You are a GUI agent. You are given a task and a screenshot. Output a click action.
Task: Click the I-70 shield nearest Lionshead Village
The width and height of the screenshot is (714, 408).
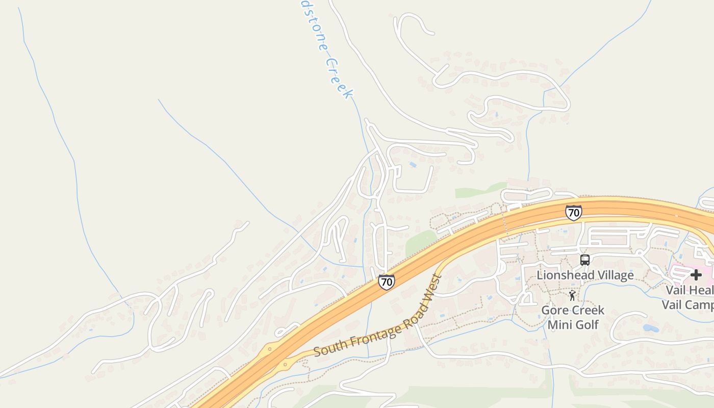pos(573,213)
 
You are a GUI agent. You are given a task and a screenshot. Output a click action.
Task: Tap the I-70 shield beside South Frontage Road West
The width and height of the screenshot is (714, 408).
pos(386,282)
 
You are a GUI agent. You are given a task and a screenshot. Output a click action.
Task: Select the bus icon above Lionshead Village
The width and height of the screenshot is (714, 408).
pos(585,260)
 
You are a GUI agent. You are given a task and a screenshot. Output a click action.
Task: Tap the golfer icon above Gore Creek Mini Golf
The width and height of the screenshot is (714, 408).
pos(572,295)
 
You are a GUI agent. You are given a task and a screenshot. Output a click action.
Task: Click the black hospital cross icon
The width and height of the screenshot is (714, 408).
pos(696,275)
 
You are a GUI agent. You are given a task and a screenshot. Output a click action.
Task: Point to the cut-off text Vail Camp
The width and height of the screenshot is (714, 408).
pos(687,305)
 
